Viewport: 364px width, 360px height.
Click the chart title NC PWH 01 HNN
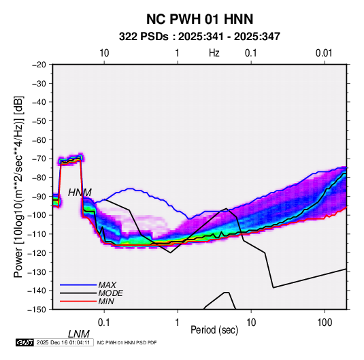click(199, 19)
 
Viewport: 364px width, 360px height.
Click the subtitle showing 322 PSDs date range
click(199, 37)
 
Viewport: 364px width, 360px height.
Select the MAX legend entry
click(107, 284)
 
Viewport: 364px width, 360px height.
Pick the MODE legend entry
click(110, 293)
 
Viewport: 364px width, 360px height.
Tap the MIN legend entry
click(106, 301)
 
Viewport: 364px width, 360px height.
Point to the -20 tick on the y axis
click(39, 65)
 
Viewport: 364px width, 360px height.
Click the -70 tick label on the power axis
click(39, 159)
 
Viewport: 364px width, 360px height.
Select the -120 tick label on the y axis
click(37, 253)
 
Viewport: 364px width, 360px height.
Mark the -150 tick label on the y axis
click(37, 310)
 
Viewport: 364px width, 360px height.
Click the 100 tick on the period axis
click(325, 323)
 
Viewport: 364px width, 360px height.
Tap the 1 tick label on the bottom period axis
click(178, 323)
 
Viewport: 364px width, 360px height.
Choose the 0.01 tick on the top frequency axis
click(324, 53)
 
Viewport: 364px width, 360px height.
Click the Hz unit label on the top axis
click(214, 53)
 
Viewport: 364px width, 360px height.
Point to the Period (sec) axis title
click(214, 330)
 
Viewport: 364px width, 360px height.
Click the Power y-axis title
click(18, 187)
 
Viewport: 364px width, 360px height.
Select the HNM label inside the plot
click(80, 193)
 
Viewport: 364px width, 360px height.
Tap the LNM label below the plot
click(79, 334)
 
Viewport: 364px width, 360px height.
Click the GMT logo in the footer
click(24, 342)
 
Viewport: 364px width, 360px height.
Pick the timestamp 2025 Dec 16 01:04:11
click(63, 342)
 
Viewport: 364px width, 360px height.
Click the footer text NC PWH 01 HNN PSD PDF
click(127, 342)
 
